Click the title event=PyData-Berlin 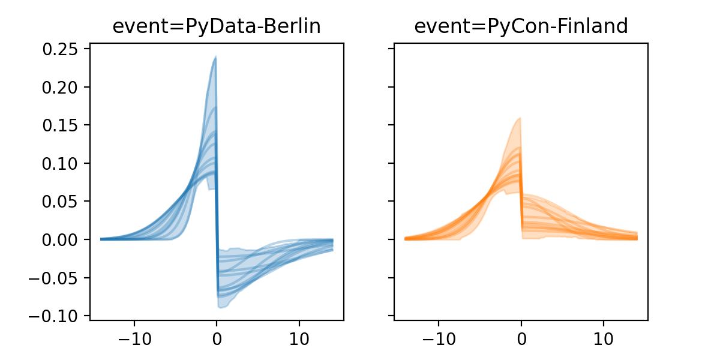tap(217, 26)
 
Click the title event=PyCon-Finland tap(521, 26)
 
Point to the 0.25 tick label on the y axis tap(62, 49)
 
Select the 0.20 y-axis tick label tap(62, 87)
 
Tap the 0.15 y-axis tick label tap(62, 125)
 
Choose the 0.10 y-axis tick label tap(62, 163)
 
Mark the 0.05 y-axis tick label tap(62, 202)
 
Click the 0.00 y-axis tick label tap(62, 239)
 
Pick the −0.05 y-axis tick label tap(57, 278)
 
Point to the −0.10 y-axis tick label tap(57, 316)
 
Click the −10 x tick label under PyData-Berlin tap(134, 338)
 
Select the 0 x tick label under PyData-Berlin tap(217, 338)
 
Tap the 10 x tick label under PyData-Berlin tap(299, 338)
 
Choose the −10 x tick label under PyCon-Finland tap(439, 338)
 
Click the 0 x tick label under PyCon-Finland tap(521, 338)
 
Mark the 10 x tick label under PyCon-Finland tap(604, 338)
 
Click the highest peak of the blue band tap(215, 57)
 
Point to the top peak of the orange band tap(520, 118)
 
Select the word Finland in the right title tap(591, 26)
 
